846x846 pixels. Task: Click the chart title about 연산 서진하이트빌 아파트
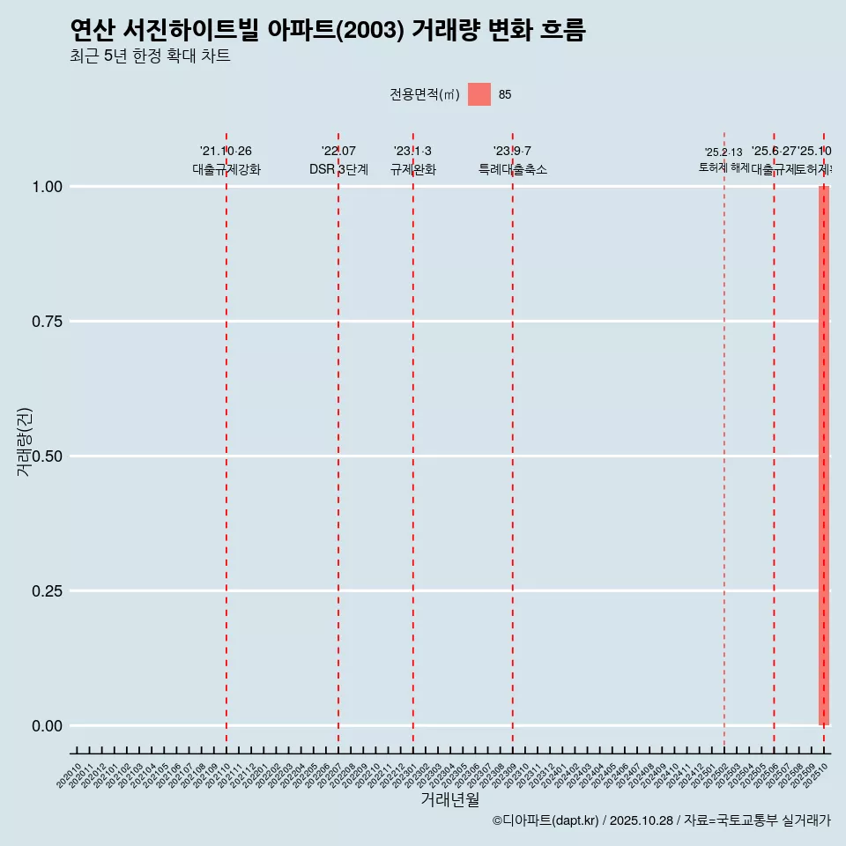[327, 30]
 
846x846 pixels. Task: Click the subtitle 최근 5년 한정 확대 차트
[150, 56]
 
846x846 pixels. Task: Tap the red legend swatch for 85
[479, 94]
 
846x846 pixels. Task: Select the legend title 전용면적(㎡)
[424, 94]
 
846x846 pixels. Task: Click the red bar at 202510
[824, 456]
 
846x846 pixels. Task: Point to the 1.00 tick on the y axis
[46, 187]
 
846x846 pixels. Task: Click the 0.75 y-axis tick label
[46, 322]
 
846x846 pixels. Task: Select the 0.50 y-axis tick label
[46, 456]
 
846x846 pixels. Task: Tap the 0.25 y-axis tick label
[46, 591]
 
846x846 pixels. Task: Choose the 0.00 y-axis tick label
[46, 726]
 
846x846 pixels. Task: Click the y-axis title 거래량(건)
[24, 442]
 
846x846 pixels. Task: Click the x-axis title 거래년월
[449, 799]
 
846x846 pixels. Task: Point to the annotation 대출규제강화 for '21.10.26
[226, 169]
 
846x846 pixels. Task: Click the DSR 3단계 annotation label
[338, 169]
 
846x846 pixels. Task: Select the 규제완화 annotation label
[412, 169]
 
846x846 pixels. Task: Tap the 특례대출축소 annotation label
[512, 169]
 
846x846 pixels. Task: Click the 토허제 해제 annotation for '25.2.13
[724, 167]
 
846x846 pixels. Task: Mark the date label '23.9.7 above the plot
[512, 152]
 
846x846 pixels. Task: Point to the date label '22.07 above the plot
[338, 152]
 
